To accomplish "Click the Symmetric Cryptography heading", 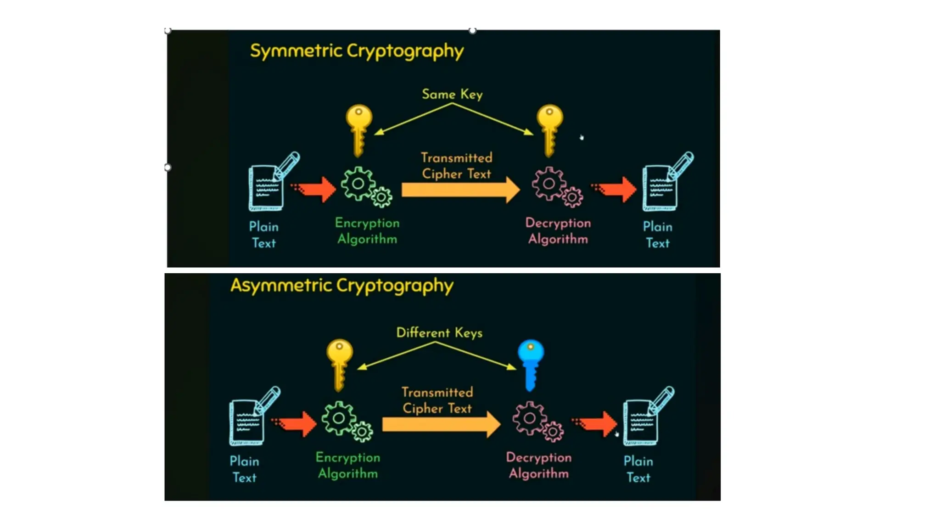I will point(357,51).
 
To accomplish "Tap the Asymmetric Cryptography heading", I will point(342,286).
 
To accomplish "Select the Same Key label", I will point(452,94).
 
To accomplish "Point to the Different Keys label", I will point(439,332).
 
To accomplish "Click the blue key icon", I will point(531,363).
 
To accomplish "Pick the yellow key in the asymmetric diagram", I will point(340,363).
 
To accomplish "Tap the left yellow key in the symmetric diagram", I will point(359,129).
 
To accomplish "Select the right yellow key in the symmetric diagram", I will point(550,129).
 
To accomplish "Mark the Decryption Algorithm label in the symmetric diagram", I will point(558,231).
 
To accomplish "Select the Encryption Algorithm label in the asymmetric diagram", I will point(348,465).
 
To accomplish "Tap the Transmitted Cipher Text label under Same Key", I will point(457,166).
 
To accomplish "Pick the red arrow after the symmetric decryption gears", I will point(615,189).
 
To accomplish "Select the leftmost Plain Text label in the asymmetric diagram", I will point(244,469).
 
